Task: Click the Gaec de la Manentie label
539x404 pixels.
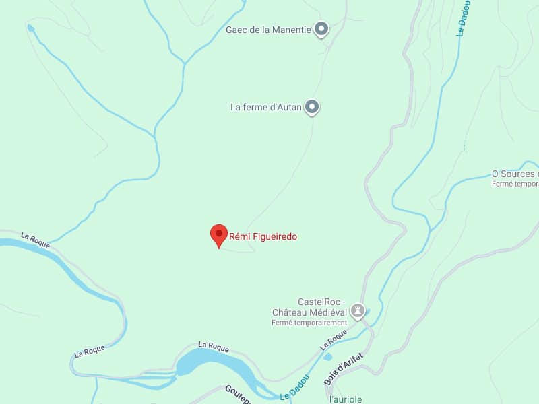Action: pos(268,30)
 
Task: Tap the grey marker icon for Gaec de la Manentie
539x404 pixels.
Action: pos(322,29)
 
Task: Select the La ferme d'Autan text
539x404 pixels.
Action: pos(265,107)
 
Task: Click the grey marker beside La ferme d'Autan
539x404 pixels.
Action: pos(312,106)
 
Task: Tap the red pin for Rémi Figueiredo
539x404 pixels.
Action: pos(218,235)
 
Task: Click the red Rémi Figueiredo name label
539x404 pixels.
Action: pos(263,236)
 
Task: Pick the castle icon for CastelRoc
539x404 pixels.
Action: pos(358,310)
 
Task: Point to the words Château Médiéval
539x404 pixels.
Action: pos(309,312)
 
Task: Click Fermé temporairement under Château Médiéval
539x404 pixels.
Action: pos(309,323)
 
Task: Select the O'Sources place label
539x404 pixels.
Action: pos(515,174)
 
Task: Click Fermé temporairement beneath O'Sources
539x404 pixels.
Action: pos(515,183)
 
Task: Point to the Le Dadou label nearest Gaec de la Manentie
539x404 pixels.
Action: pos(464,18)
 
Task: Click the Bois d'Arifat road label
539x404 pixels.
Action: pos(344,369)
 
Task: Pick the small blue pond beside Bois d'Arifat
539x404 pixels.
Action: pos(328,375)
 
